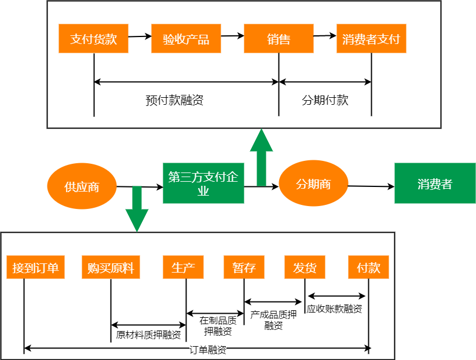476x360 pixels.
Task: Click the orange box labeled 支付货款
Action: coord(93,39)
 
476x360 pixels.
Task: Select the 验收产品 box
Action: coord(186,39)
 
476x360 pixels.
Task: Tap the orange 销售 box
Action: coord(279,39)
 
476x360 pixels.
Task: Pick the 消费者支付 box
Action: coord(371,39)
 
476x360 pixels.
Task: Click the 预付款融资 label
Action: coord(174,100)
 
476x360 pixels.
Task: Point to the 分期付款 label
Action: coord(325,100)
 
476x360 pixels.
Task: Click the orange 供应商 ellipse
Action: coord(82,186)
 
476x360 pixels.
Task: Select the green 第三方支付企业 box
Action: coord(203,183)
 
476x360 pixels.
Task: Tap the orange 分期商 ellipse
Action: coord(313,184)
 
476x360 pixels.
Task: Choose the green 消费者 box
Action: coord(435,183)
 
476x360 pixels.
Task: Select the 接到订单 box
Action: coord(35,268)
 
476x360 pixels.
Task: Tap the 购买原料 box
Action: coord(111,268)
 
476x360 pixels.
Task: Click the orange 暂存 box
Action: coord(244,268)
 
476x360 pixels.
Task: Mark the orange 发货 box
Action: coord(305,268)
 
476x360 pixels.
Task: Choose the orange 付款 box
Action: coord(368,268)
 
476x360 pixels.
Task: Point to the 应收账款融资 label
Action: coord(334,309)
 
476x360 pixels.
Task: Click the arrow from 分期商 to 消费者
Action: coord(371,186)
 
